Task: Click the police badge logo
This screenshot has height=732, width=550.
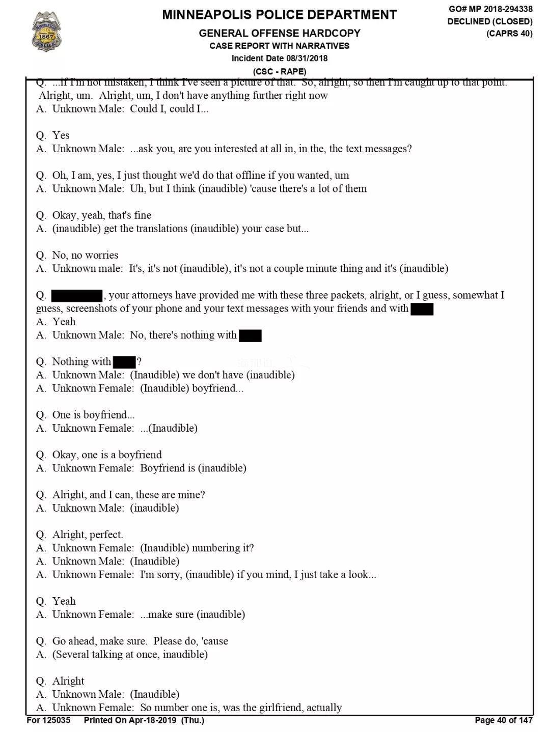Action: pos(46,32)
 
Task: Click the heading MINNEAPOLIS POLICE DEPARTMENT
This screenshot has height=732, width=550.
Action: pos(279,15)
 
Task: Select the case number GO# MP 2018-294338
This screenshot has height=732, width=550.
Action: pos(490,9)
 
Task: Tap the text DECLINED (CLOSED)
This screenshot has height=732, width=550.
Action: pos(490,21)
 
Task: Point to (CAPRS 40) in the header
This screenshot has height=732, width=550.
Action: pos(509,34)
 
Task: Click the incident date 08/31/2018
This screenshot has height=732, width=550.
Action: pos(307,58)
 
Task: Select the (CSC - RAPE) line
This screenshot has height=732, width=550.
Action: pos(279,71)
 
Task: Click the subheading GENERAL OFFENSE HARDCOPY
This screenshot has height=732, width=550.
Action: pos(279,33)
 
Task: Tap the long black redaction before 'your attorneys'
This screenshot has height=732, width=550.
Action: pos(77,295)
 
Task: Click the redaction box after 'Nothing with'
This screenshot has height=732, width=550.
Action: pos(124,362)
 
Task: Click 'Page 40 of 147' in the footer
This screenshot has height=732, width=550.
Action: pos(503,720)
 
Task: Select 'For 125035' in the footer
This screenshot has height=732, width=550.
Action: pos(48,720)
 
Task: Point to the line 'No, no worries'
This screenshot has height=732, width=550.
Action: pos(85,255)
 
